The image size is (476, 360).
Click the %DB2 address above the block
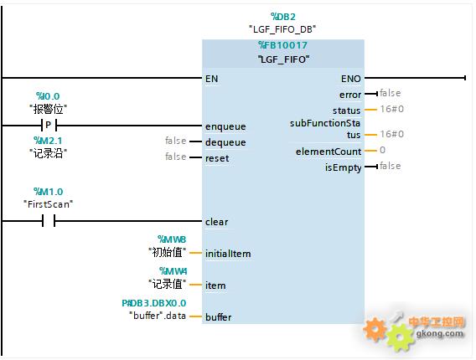pyautogui.click(x=283, y=17)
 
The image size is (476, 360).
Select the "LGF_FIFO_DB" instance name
pyautogui.click(x=282, y=29)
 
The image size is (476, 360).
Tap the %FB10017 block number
pyautogui.click(x=283, y=45)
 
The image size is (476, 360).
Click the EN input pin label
pyautogui.click(x=211, y=79)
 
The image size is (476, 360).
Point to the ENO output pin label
pyautogui.click(x=351, y=79)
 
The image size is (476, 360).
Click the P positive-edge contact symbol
pyautogui.click(x=49, y=125)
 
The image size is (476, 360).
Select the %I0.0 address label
pyautogui.click(x=48, y=96)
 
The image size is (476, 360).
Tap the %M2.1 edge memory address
pyautogui.click(x=48, y=141)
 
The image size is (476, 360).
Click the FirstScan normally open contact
pyautogui.click(x=49, y=221)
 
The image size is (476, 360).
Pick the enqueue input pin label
pyautogui.click(x=225, y=126)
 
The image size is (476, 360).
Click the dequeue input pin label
pyautogui.click(x=225, y=142)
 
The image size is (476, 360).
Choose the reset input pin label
pyautogui.click(x=217, y=158)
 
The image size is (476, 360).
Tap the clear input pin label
pyautogui.click(x=216, y=222)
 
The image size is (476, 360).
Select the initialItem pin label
pyautogui.click(x=228, y=254)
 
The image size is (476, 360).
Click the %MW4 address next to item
pyautogui.click(x=173, y=270)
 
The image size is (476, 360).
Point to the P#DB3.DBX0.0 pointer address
pyautogui.click(x=154, y=303)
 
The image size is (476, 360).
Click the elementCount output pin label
pyautogui.click(x=329, y=152)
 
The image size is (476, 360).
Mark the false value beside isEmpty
pyautogui.click(x=390, y=166)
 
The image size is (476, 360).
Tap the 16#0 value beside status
pyautogui.click(x=392, y=109)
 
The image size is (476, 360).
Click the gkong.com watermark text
pyautogui.click(x=440, y=334)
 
